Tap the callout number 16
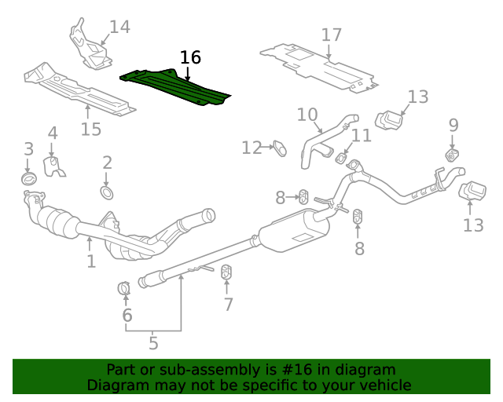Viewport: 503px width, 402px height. pos(190,57)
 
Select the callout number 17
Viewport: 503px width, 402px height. pos(332,35)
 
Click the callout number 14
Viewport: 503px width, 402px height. pos(119,27)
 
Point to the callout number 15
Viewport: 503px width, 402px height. pos(91,130)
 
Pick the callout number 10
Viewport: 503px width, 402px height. pos(307,115)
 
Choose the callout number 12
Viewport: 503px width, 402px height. pos(251,148)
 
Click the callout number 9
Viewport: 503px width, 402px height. pos(453,124)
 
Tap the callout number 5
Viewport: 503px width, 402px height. pos(153,343)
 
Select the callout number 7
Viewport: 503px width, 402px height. pos(228,305)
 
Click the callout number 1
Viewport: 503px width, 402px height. pos(91,261)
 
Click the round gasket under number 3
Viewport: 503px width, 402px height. pos(29,179)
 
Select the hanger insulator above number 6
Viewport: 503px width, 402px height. pos(124,289)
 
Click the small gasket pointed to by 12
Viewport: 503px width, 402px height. pos(278,146)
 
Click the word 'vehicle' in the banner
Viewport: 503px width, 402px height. pos(384,386)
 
